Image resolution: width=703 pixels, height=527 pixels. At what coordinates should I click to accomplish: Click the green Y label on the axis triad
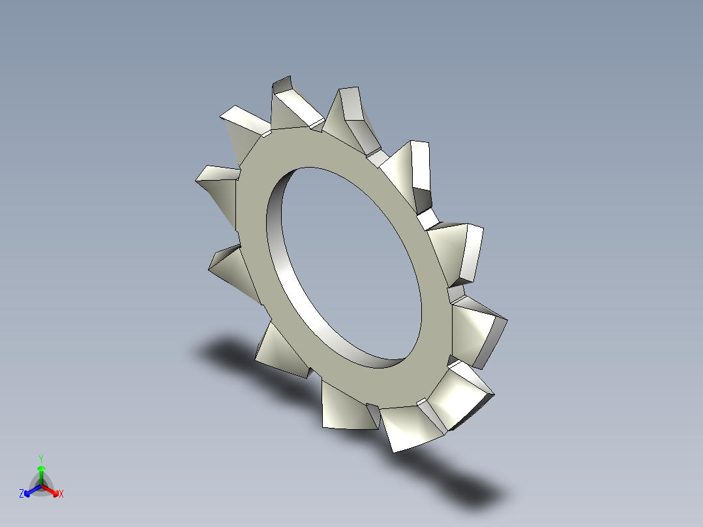(40, 459)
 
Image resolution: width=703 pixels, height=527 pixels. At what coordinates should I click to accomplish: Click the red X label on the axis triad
(61, 494)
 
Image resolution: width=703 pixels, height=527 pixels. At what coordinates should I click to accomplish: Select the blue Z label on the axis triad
(22, 494)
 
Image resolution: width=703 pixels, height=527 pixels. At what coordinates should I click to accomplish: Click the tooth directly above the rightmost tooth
(460, 251)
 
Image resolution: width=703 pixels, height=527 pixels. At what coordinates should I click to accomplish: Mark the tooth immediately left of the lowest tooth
(346, 408)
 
